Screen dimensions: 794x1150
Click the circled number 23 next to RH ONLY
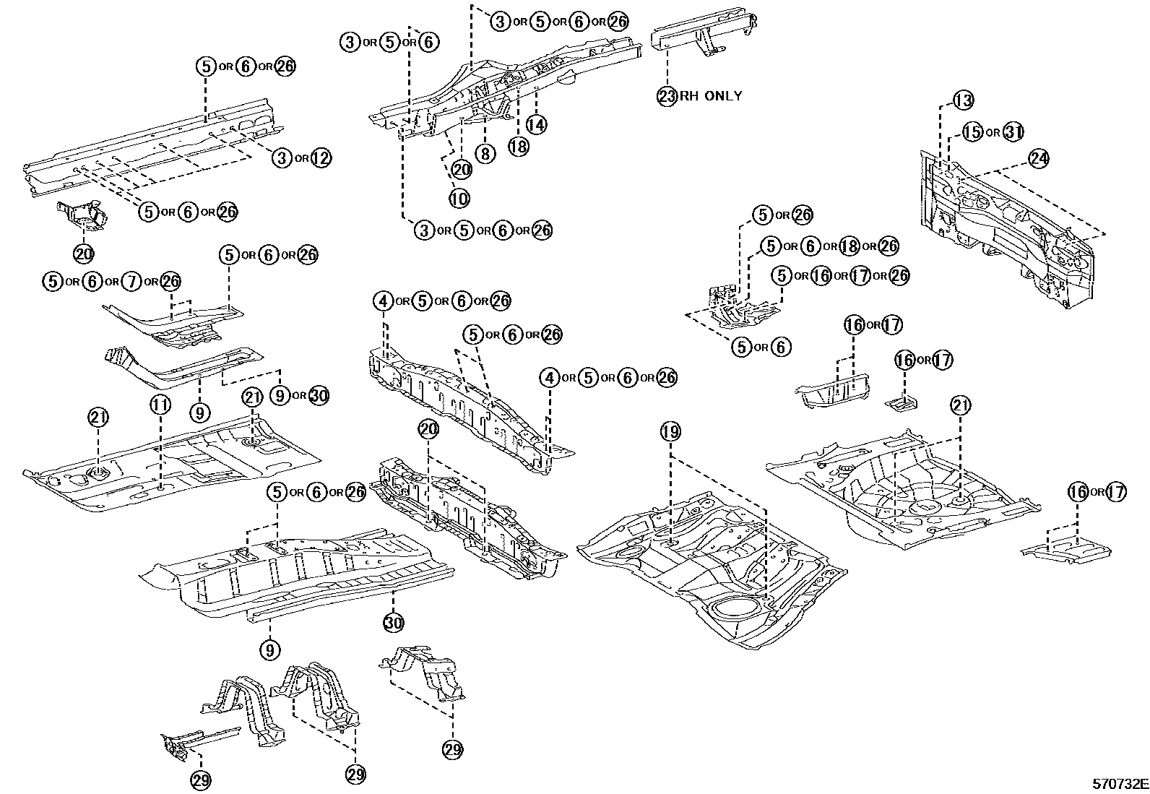pyautogui.click(x=665, y=95)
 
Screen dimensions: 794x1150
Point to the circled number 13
pyautogui.click(x=963, y=100)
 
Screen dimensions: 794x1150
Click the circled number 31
pyautogui.click(x=1013, y=132)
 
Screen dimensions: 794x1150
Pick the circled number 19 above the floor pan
pyautogui.click(x=670, y=432)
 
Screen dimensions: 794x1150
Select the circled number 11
pyautogui.click(x=160, y=405)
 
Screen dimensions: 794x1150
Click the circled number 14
pyautogui.click(x=535, y=124)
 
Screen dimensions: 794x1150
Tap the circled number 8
pyautogui.click(x=485, y=153)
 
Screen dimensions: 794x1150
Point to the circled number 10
pyautogui.click(x=459, y=198)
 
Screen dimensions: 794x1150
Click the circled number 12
pyautogui.click(x=321, y=158)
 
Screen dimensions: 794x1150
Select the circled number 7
pyautogui.click(x=131, y=282)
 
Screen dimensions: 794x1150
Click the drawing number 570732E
pyautogui.click(x=1120, y=783)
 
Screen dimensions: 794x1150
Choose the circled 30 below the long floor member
pyautogui.click(x=393, y=622)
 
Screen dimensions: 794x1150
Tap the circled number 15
pyautogui.click(x=973, y=132)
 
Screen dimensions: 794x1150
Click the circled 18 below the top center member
pyautogui.click(x=518, y=147)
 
